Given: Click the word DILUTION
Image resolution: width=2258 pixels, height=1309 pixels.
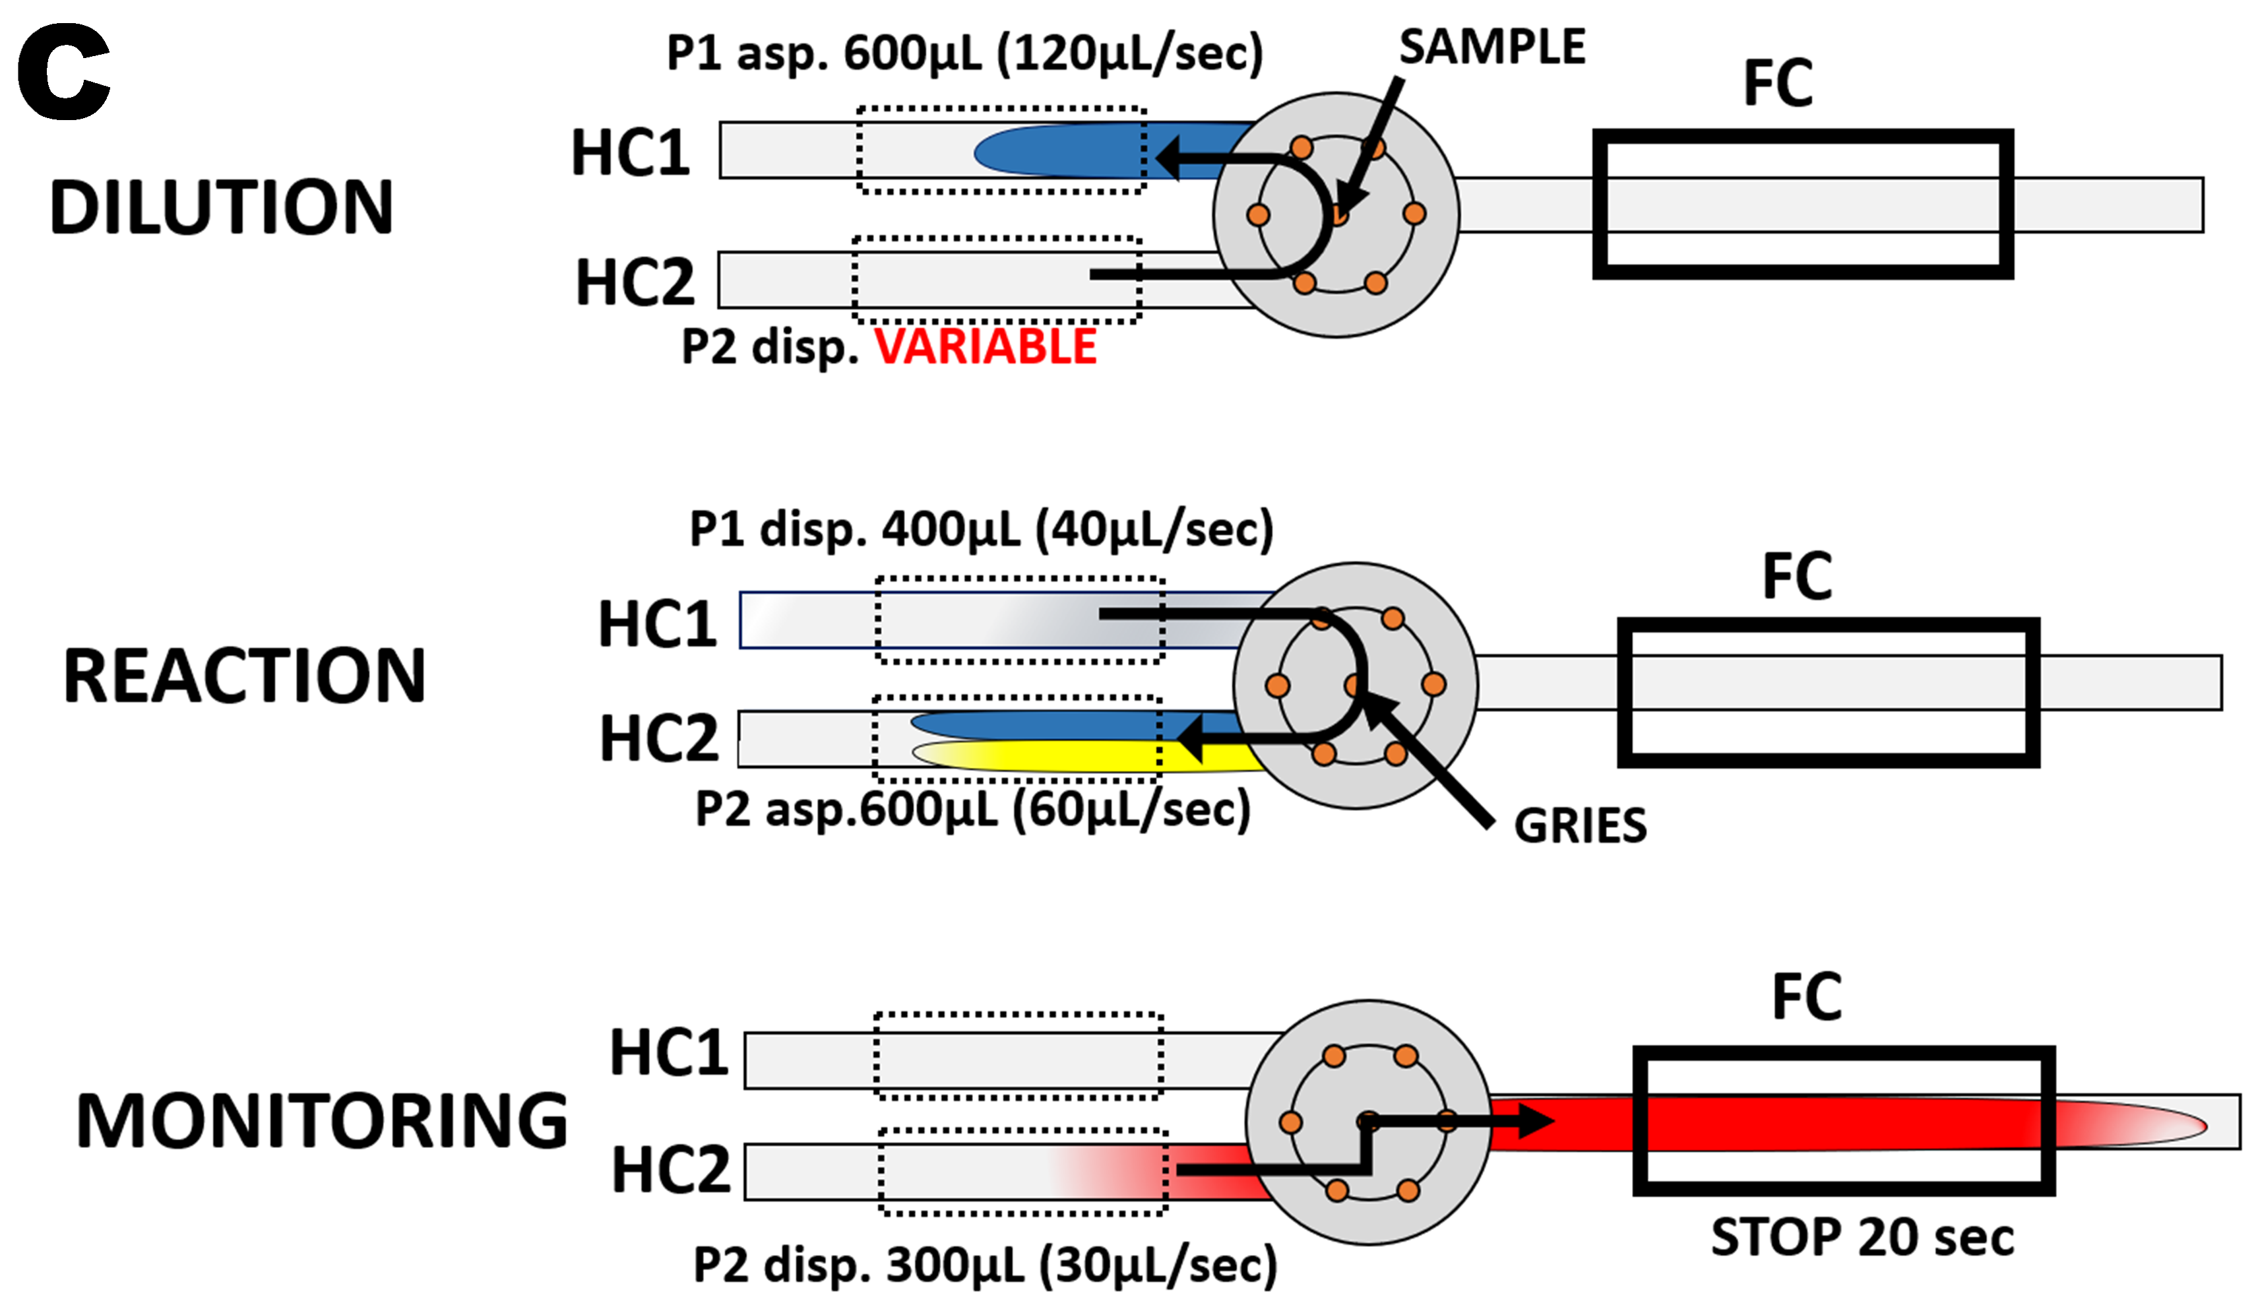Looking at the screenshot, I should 222,208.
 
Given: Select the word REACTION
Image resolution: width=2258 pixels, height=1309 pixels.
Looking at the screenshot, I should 243,676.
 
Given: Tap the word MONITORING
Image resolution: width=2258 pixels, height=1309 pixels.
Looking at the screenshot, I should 322,1121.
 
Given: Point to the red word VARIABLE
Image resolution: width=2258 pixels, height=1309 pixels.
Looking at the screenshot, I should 985,347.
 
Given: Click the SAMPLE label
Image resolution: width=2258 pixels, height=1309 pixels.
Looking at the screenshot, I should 1492,47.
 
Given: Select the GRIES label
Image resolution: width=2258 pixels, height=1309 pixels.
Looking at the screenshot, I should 1580,826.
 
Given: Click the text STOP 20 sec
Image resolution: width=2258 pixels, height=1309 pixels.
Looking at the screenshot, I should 1862,1237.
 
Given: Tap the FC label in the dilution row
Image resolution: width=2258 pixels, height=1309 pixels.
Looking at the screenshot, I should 1778,83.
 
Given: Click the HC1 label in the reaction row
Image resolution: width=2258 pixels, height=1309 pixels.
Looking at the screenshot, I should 657,625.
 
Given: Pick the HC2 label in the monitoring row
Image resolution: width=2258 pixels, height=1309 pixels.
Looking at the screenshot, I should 670,1170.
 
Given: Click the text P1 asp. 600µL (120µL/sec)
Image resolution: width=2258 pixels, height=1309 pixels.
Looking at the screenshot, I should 964,53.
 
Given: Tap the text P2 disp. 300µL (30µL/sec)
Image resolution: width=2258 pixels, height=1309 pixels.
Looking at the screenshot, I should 985,1265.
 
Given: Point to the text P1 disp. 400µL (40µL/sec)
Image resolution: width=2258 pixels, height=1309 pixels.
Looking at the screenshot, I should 980,530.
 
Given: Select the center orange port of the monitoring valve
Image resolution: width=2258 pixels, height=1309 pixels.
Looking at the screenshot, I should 1368,1122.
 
